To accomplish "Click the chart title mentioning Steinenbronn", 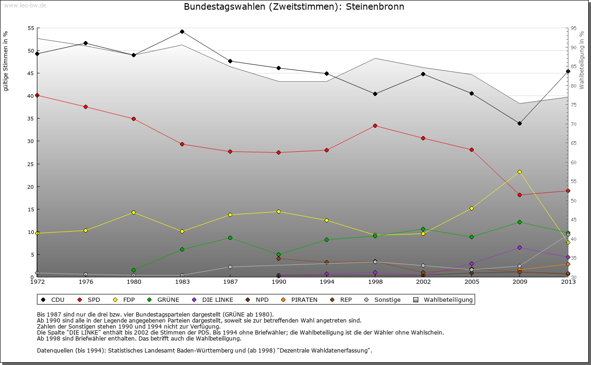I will [x=294, y=7].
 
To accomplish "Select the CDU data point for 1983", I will [x=182, y=32].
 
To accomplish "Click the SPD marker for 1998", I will [x=375, y=126].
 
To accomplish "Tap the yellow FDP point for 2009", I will [x=520, y=172].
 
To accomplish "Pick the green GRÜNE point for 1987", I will [x=230, y=238].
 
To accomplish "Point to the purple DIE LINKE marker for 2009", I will [x=520, y=247].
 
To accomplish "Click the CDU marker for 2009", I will [x=520, y=123].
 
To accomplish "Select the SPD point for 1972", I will [x=37, y=95].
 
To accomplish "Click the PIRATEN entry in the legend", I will [x=304, y=300].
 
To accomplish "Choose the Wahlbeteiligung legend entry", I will [x=448, y=300].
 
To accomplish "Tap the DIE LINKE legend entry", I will [x=217, y=300].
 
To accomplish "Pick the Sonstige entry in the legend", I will [x=387, y=300].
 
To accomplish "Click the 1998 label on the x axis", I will [x=375, y=281].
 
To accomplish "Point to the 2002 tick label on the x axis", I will [x=423, y=281].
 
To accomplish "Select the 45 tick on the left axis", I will [x=30, y=73].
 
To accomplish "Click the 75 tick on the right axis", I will [x=573, y=105].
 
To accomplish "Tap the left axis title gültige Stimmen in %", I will [x=6, y=61].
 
